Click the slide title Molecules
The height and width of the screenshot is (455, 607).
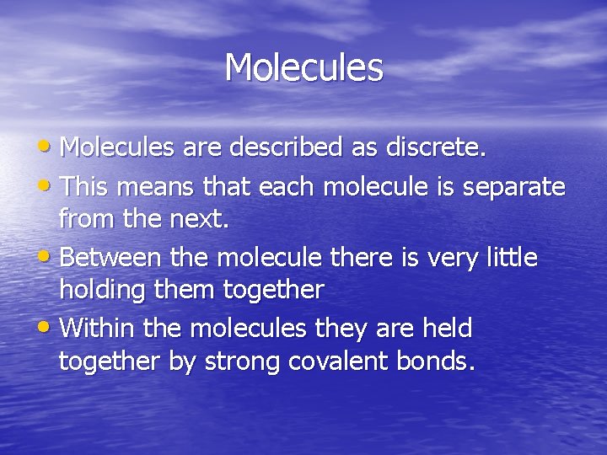303,67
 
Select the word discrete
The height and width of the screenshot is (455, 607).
436,148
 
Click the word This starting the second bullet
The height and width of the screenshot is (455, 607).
88,185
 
